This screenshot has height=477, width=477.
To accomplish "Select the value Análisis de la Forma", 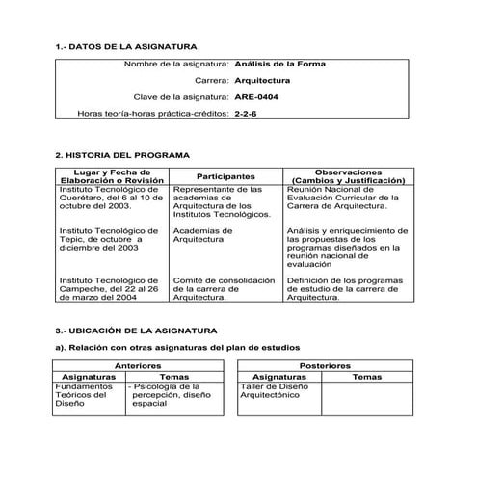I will pyautogui.click(x=279, y=64).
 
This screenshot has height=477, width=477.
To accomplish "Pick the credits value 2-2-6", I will pyautogui.click(x=246, y=114).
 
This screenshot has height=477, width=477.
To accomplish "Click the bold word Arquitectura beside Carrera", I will pyautogui.click(x=262, y=80).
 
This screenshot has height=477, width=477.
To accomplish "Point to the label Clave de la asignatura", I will pyautogui.click(x=180, y=97).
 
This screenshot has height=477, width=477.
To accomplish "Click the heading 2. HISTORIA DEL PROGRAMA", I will pyautogui.click(x=122, y=155).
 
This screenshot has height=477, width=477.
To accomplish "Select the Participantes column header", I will pyautogui.click(x=225, y=176).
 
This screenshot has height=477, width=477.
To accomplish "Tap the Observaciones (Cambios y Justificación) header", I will pyautogui.click(x=348, y=175).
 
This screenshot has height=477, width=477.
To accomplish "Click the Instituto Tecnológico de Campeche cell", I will pyautogui.click(x=109, y=288).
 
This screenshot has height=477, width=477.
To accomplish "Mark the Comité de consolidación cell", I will pyautogui.click(x=224, y=288).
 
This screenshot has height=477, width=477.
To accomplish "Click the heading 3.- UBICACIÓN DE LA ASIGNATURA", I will pyautogui.click(x=136, y=330).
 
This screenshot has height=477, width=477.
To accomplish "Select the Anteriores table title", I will pyautogui.click(x=138, y=366).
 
